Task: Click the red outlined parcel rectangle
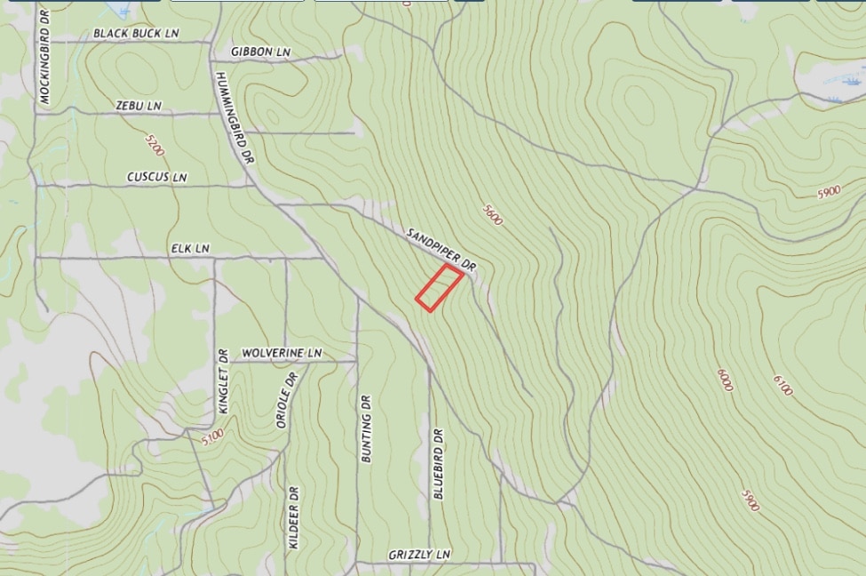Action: tap(440, 288)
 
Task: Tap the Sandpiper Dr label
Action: tap(442, 250)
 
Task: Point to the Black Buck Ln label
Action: tap(136, 34)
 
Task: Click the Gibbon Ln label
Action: tap(260, 52)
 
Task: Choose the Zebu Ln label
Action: tap(139, 106)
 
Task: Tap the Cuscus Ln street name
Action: tap(156, 177)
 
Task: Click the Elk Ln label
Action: tap(190, 249)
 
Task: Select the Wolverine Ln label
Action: tap(281, 353)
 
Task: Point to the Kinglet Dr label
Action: tap(224, 380)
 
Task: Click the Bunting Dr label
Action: tap(367, 428)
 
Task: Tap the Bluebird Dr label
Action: tap(438, 465)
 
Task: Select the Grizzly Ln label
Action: tap(419, 555)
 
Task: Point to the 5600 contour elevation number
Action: tap(492, 214)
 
